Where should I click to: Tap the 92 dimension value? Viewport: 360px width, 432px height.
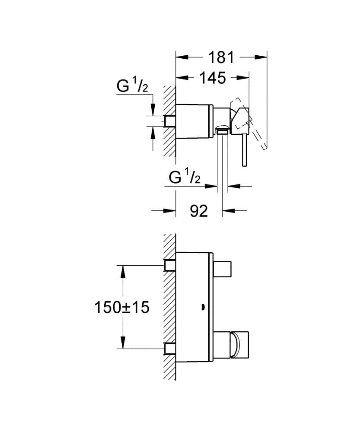click(199, 211)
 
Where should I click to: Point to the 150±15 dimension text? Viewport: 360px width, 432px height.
click(121, 307)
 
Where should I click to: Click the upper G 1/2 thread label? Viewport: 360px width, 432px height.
click(132, 86)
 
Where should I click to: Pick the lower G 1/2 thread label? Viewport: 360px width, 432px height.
click(184, 177)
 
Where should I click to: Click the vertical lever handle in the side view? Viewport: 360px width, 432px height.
click(244, 149)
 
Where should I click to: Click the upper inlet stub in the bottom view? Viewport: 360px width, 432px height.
click(169, 265)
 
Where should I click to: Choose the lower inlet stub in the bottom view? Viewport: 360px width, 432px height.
click(169, 348)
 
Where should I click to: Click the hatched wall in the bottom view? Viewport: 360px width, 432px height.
click(169, 307)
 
